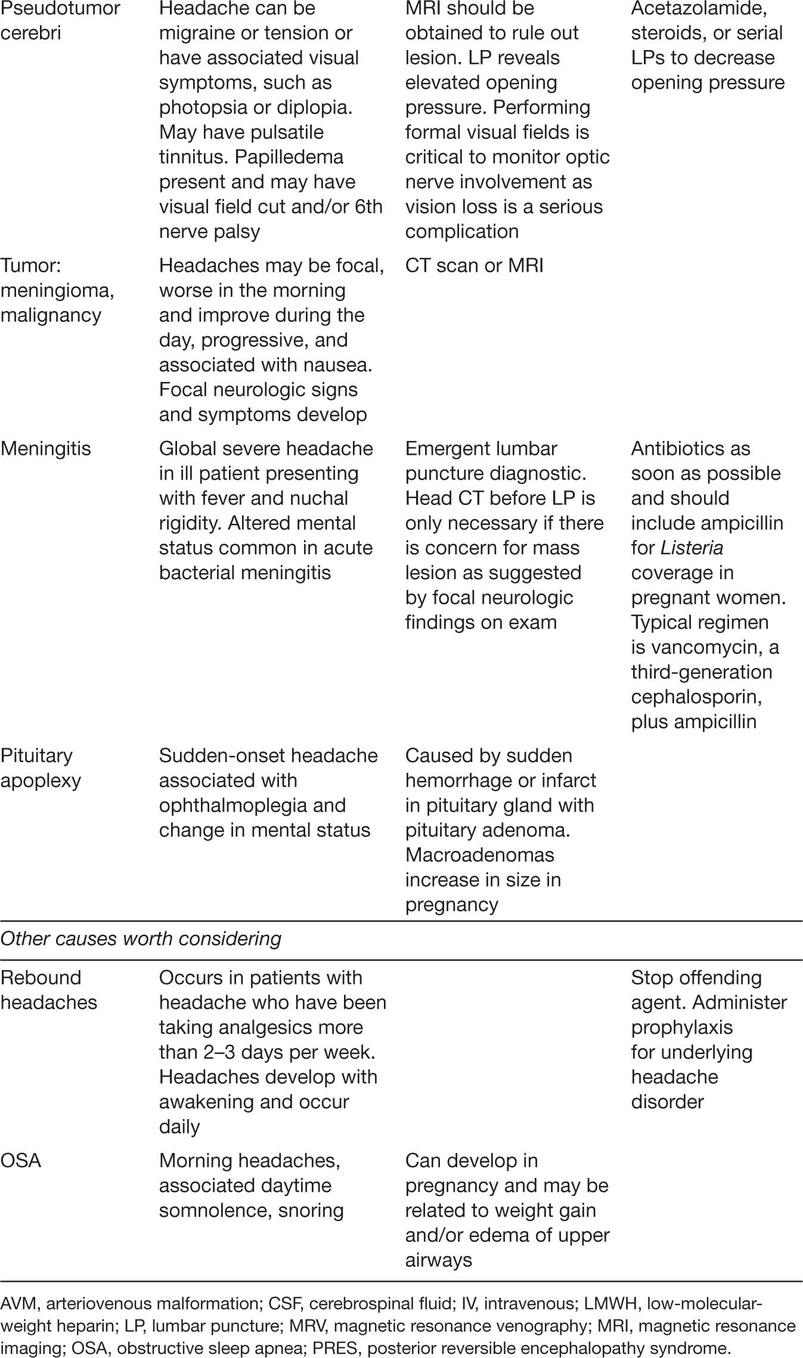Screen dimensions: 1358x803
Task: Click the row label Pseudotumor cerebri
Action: (60, 20)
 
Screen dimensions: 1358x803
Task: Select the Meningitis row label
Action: (46, 448)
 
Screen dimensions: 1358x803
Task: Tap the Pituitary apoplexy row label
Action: (41, 767)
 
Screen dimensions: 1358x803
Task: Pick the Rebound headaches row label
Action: (49, 990)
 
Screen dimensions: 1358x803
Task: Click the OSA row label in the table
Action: (21, 1160)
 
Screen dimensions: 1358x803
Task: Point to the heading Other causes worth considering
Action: (141, 939)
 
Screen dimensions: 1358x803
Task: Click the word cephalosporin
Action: (696, 697)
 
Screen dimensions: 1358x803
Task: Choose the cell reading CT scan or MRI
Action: (474, 265)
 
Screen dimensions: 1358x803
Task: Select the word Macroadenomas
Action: (480, 854)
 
